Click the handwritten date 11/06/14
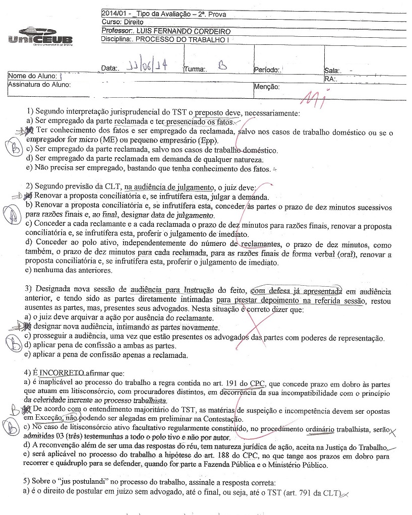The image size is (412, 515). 142,67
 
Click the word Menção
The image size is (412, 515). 267,87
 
